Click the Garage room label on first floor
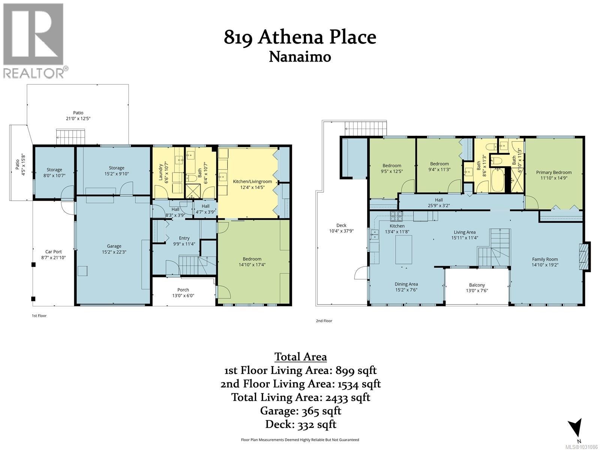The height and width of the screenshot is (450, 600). [x=114, y=246]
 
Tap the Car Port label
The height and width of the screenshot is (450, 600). [x=51, y=252]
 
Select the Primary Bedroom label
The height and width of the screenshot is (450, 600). [x=553, y=172]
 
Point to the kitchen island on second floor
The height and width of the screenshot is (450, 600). [x=404, y=249]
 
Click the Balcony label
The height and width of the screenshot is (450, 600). [x=477, y=285]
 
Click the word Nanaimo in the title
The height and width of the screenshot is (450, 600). [x=300, y=57]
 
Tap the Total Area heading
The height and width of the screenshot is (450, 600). [x=300, y=357]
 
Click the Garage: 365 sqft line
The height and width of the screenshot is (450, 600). [x=300, y=411]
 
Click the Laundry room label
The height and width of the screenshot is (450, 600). [x=160, y=172]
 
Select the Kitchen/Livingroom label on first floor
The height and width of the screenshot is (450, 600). [x=252, y=181]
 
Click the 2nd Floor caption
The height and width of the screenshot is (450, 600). [x=324, y=321]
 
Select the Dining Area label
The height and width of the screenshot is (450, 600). [x=406, y=284]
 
